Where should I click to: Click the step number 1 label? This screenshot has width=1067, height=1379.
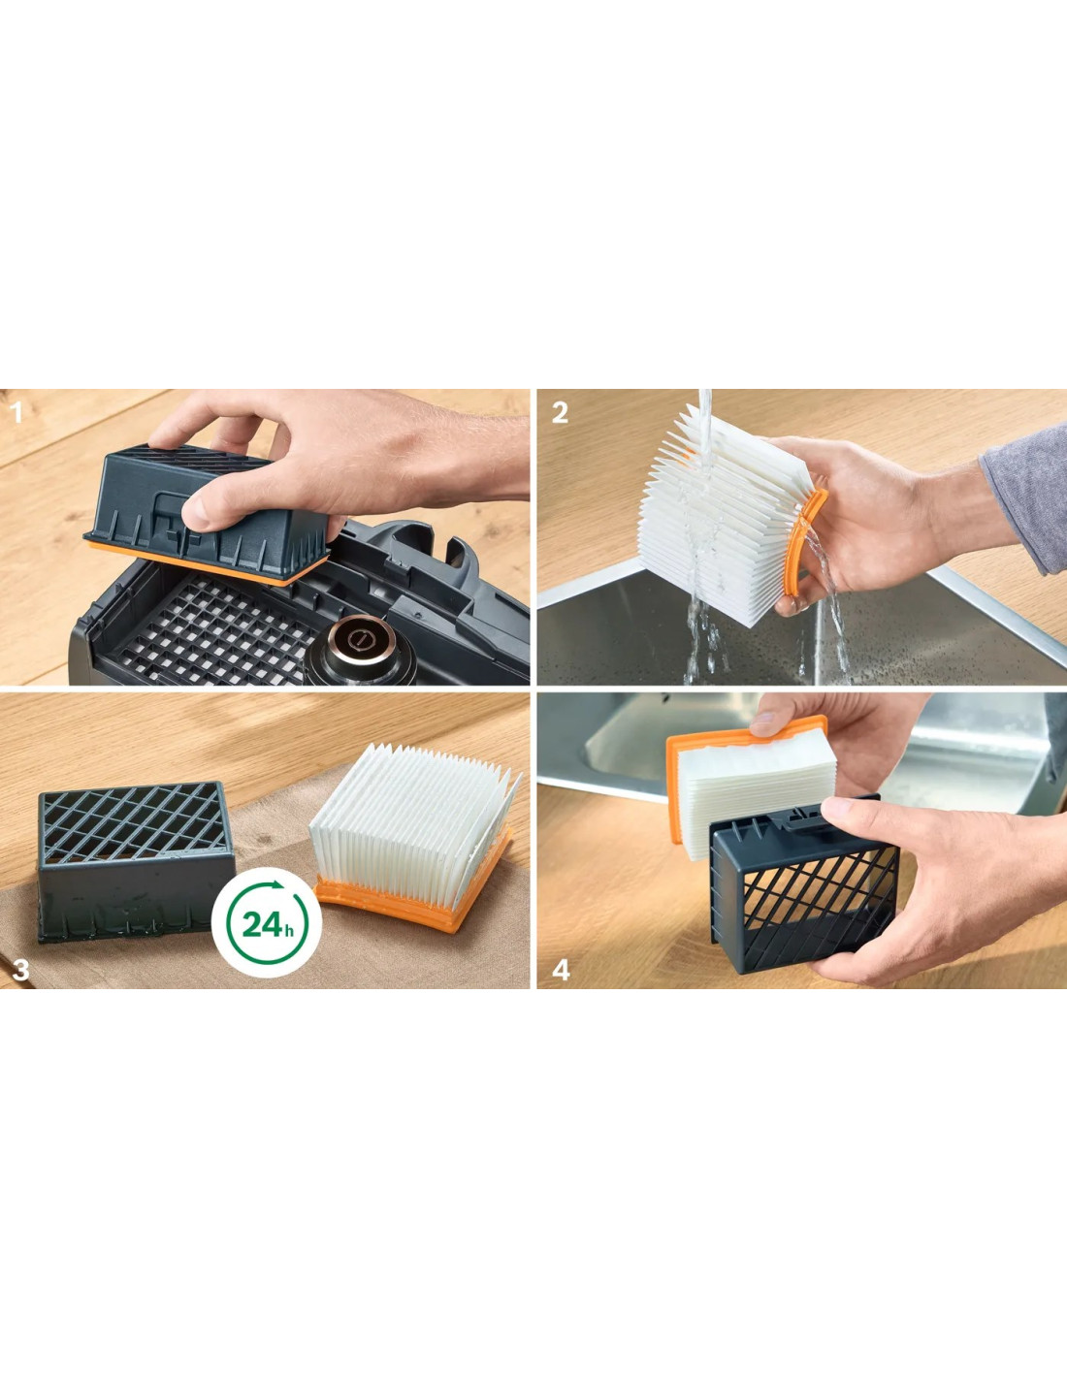click(x=17, y=413)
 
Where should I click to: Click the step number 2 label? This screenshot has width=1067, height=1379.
click(x=560, y=413)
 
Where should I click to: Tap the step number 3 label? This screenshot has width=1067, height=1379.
click(x=20, y=971)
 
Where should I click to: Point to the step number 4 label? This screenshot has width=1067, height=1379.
click(x=561, y=971)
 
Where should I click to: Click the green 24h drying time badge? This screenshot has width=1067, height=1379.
click(x=267, y=924)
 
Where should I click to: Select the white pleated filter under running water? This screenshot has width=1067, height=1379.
click(x=724, y=514)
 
